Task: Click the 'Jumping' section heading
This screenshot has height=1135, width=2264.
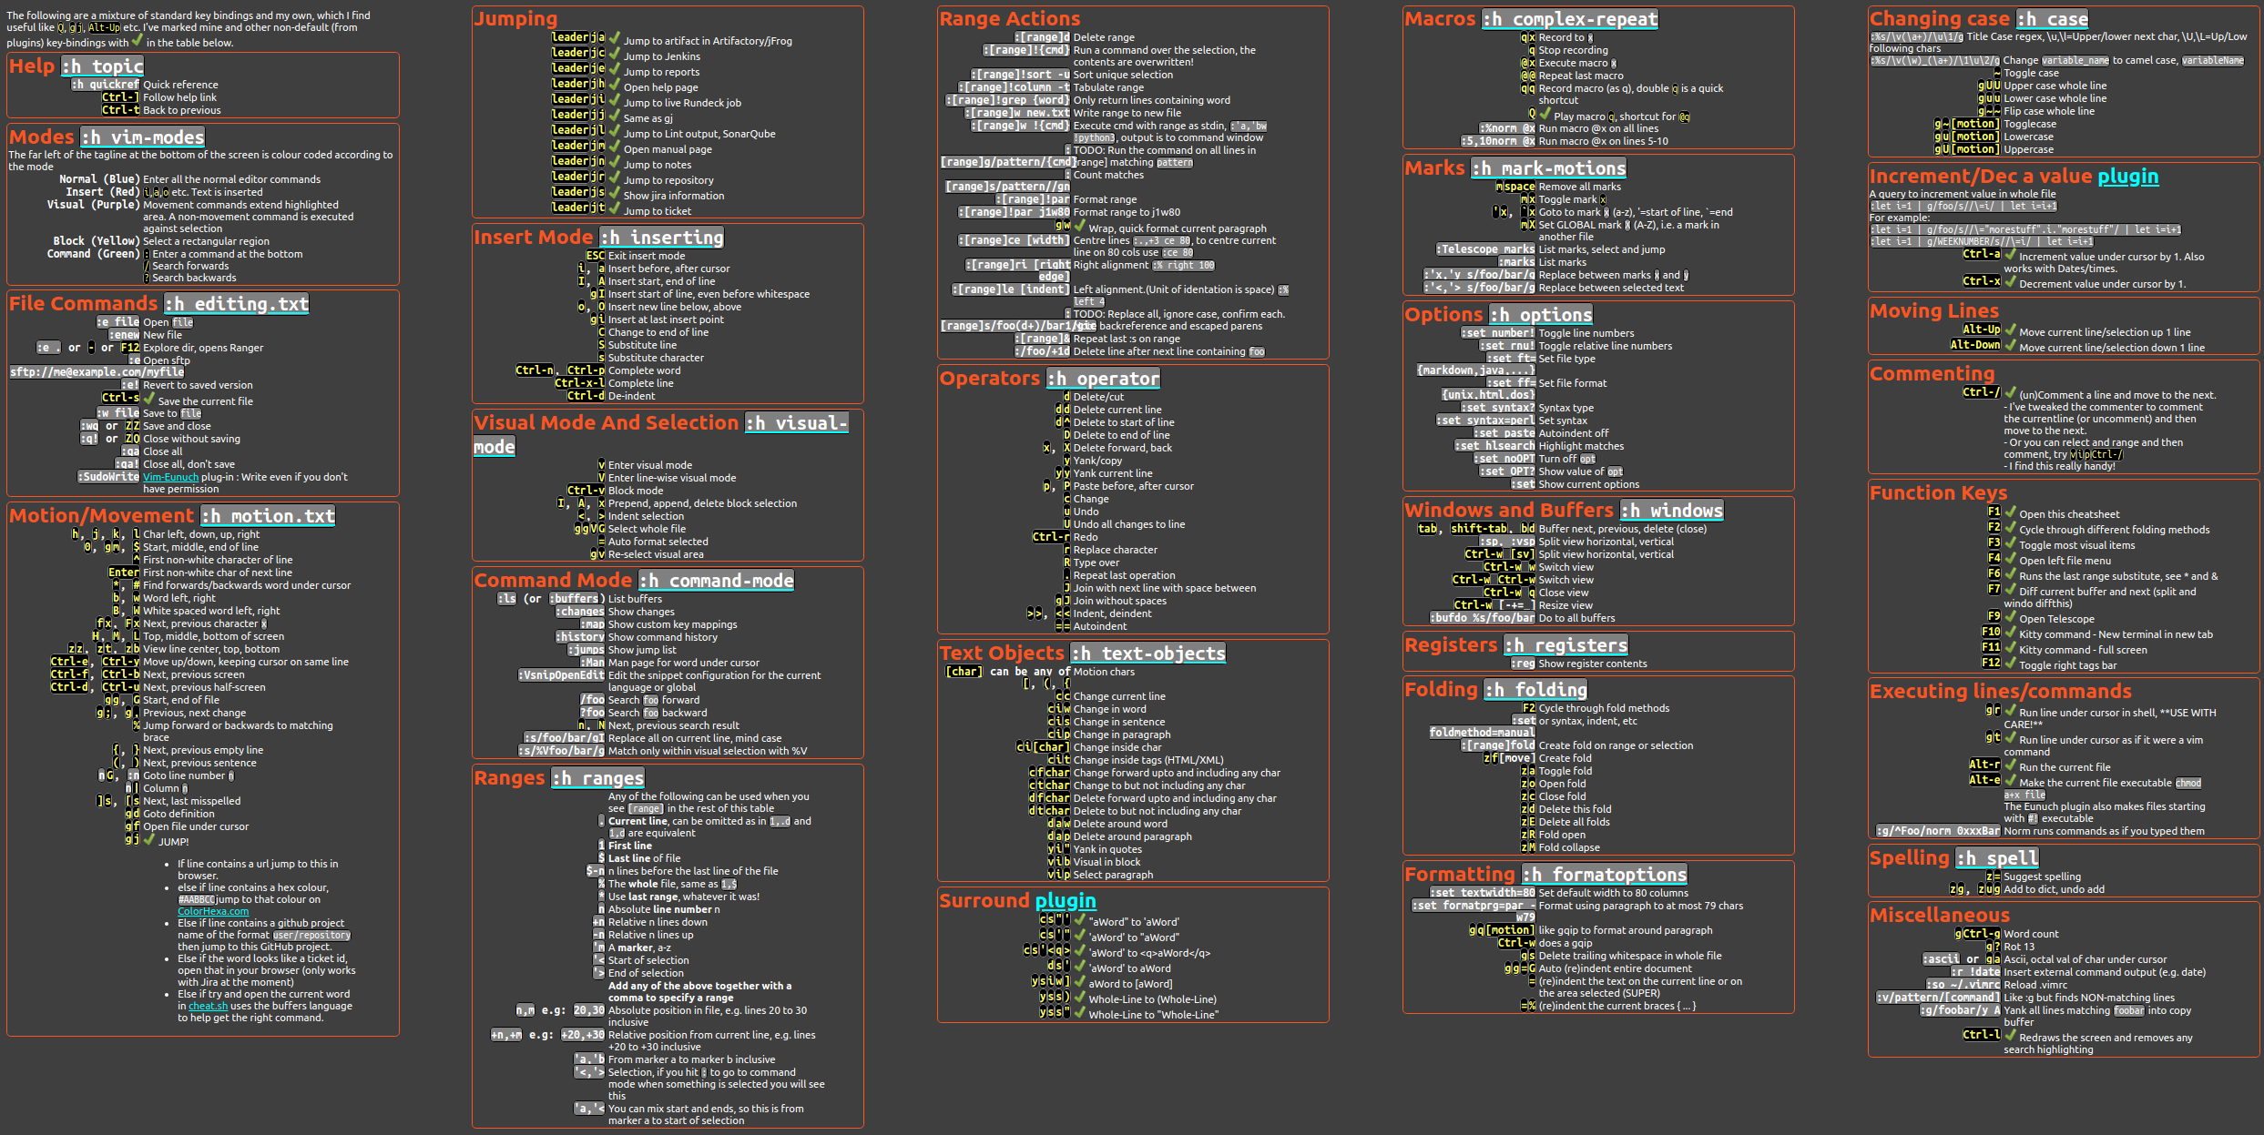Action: pyautogui.click(x=515, y=19)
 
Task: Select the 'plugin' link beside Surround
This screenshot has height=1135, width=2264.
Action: pyautogui.click(x=1066, y=901)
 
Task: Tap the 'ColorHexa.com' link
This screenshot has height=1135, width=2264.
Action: pyautogui.click(x=213, y=911)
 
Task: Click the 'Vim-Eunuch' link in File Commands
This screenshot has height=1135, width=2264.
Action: pyautogui.click(x=170, y=477)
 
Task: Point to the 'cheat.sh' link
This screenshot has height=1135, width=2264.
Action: pyautogui.click(x=208, y=1006)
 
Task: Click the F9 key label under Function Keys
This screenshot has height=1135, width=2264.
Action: pyautogui.click(x=1994, y=617)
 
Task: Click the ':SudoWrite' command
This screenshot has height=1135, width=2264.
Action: pyautogui.click(x=108, y=477)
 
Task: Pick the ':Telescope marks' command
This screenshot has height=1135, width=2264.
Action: pyautogui.click(x=1485, y=249)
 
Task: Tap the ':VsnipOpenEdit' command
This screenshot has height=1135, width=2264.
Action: pyautogui.click(x=561, y=675)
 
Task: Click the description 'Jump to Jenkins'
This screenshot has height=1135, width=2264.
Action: pyautogui.click(x=661, y=56)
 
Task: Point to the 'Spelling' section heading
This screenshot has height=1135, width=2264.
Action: pyautogui.click(x=1909, y=858)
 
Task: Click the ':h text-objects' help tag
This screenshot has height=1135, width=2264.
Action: pyautogui.click(x=1148, y=654)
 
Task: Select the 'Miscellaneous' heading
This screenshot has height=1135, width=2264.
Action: pyautogui.click(x=1939, y=916)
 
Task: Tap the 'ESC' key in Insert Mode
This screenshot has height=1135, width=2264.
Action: pyautogui.click(x=595, y=256)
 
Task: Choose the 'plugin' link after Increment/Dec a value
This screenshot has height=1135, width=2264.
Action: pyautogui.click(x=2127, y=177)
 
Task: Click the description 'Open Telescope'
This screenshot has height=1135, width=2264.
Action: pyautogui.click(x=2056, y=619)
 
